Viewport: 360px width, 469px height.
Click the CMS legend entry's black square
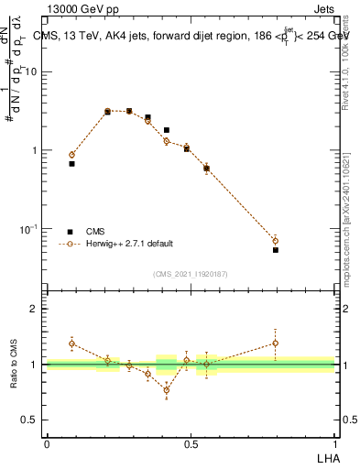(70, 232)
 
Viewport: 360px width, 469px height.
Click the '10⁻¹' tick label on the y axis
(30, 228)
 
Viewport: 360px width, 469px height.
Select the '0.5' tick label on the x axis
(191, 444)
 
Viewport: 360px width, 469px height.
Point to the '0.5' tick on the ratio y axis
(30, 420)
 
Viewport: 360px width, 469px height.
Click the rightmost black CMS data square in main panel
(276, 249)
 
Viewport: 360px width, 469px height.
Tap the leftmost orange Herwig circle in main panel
(72, 155)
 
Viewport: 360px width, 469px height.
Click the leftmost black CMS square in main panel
(72, 163)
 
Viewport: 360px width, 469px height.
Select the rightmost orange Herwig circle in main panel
(276, 241)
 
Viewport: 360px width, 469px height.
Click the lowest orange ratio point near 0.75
(167, 390)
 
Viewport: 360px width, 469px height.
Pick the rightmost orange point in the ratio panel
(276, 344)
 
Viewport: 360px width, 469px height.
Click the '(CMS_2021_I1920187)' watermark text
(191, 273)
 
